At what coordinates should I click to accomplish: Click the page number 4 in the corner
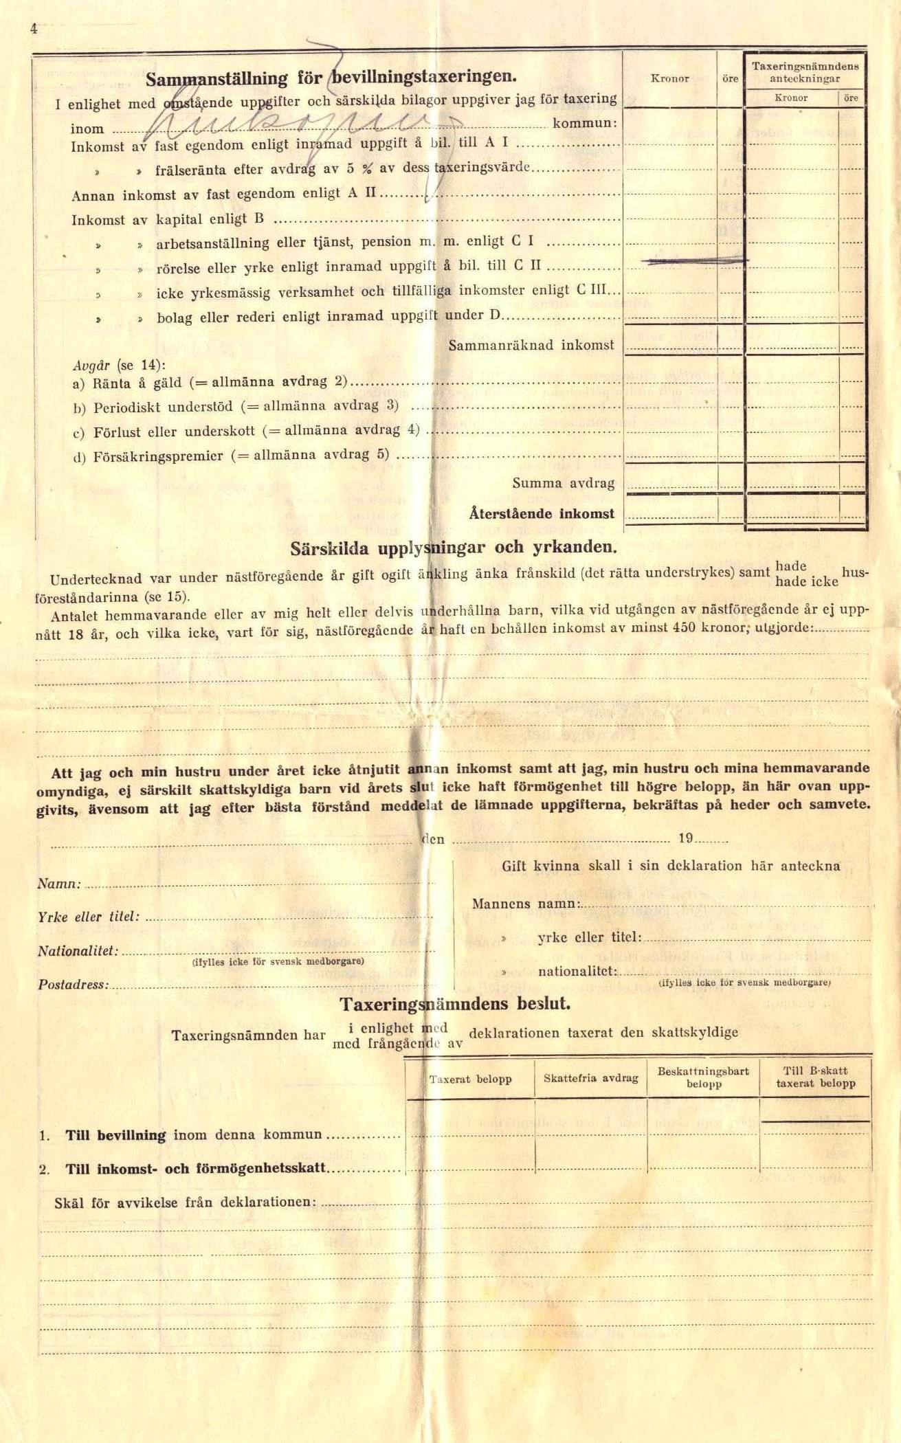click(32, 28)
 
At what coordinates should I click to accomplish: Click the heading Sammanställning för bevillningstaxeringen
click(331, 77)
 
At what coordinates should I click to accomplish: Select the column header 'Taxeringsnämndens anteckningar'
click(805, 72)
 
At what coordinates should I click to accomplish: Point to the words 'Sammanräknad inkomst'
click(531, 345)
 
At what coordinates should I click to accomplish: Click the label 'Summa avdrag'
click(563, 483)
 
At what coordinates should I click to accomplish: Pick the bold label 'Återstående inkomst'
click(542, 513)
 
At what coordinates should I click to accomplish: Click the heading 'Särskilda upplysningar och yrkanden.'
click(453, 548)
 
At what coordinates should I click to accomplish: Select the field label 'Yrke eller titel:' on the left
click(89, 917)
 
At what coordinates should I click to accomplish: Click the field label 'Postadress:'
click(73, 985)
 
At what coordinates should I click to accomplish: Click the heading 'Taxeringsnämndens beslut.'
click(455, 1004)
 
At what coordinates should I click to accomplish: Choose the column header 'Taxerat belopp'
click(470, 1079)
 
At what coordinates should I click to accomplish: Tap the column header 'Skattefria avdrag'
click(590, 1078)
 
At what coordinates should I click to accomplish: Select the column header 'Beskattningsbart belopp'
click(703, 1077)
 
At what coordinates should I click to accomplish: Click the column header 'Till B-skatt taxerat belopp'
click(815, 1077)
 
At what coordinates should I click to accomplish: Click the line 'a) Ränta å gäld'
click(127, 383)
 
